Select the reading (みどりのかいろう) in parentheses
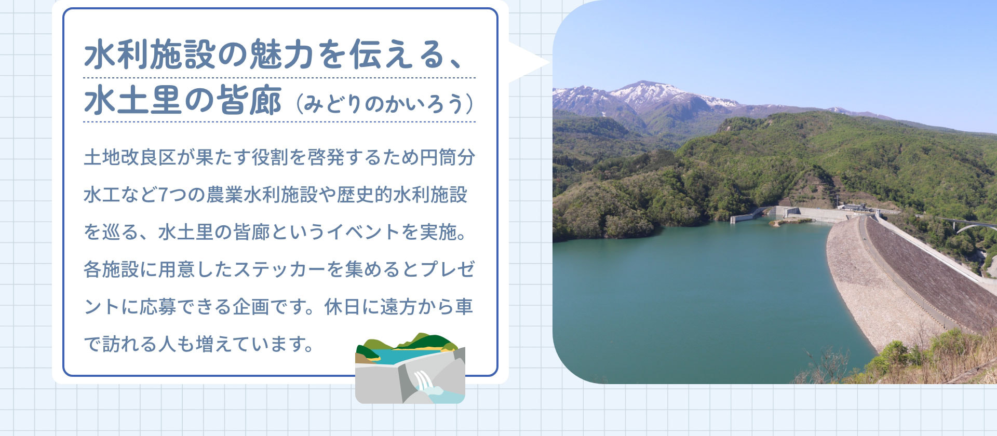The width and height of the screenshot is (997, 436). (x=385, y=104)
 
